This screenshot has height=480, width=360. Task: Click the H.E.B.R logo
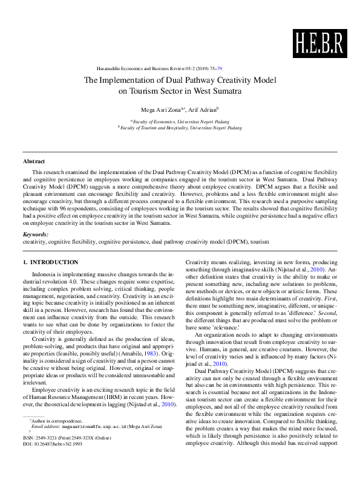(x=318, y=42)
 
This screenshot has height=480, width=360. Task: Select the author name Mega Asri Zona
(x=160, y=109)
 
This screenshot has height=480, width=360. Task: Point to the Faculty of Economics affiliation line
(x=180, y=122)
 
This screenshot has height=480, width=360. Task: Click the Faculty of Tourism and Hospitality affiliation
(x=180, y=128)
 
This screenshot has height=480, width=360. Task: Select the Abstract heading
(x=34, y=161)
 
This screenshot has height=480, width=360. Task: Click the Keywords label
(x=36, y=234)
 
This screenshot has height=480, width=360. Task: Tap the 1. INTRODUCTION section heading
(x=51, y=262)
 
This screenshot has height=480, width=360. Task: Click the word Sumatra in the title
(x=227, y=92)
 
